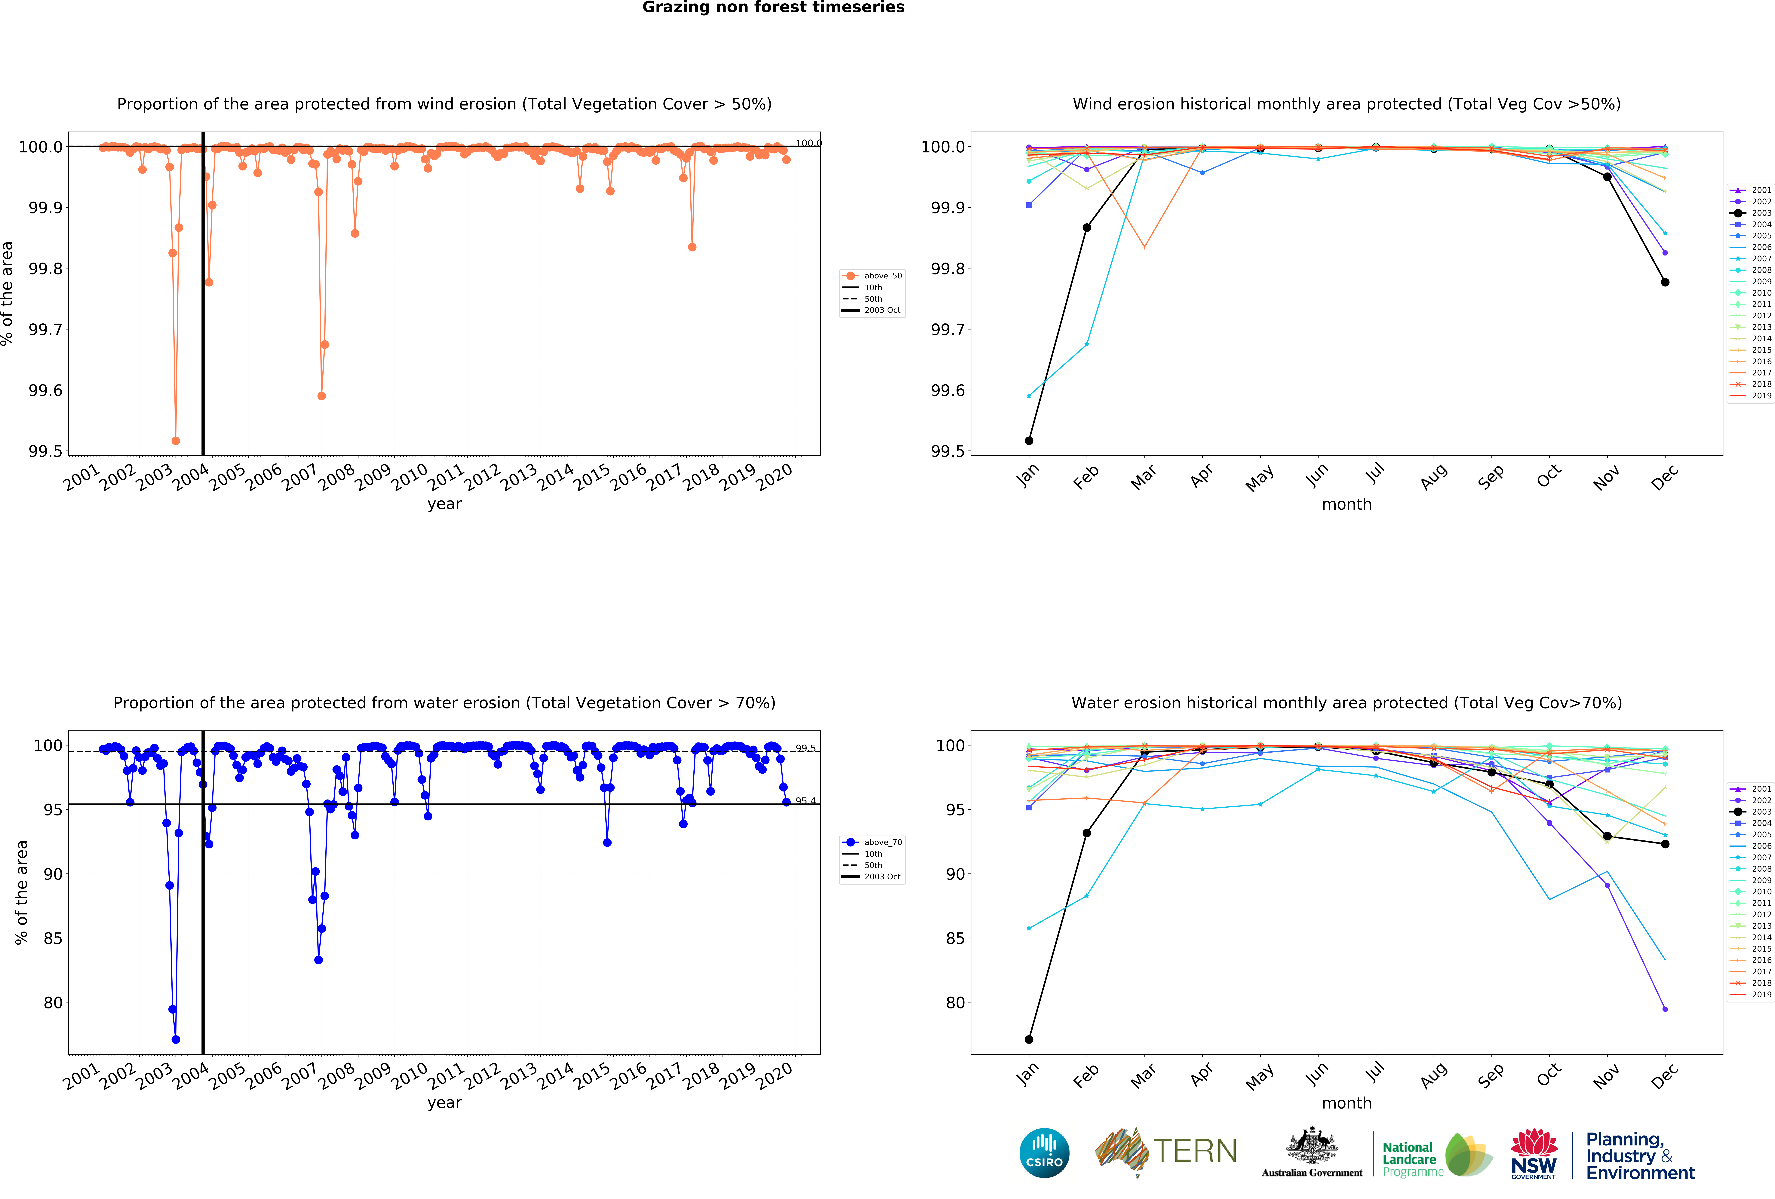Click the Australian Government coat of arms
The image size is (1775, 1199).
1311,1145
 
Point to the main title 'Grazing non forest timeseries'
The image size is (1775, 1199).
773,8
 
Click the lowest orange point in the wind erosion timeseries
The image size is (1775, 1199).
176,441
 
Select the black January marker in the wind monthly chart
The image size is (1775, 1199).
1029,441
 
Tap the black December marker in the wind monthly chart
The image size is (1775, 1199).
1665,283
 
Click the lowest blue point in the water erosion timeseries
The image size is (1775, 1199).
176,1039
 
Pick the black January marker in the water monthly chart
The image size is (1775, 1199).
1029,1039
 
